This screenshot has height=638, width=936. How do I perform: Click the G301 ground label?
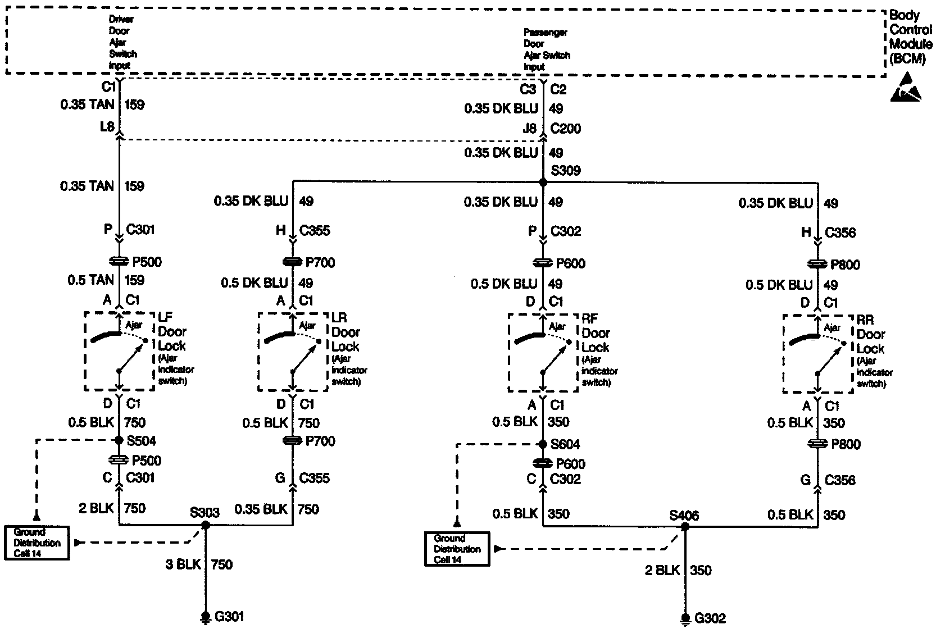click(x=229, y=617)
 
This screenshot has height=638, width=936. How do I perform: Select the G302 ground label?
click(x=710, y=619)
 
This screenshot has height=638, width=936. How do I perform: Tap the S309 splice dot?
click(x=543, y=183)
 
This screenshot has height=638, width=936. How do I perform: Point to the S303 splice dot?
click(x=206, y=525)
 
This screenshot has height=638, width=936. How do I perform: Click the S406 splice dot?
click(x=685, y=527)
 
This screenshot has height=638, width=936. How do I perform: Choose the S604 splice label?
click(x=565, y=445)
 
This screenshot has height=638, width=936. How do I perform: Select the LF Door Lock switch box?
click(x=119, y=351)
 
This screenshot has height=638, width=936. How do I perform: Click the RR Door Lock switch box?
click(x=817, y=354)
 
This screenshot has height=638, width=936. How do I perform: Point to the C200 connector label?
click(x=566, y=129)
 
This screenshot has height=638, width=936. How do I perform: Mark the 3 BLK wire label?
click(x=183, y=564)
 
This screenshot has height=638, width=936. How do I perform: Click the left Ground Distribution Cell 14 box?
click(x=37, y=543)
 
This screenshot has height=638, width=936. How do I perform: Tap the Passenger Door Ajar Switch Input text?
click(x=546, y=50)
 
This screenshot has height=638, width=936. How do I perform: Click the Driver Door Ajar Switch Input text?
click(x=122, y=42)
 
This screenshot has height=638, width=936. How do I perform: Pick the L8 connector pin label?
click(x=107, y=126)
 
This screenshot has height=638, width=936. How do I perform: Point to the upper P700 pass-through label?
click(x=320, y=262)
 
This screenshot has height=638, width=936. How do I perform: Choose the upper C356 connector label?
click(x=840, y=233)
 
